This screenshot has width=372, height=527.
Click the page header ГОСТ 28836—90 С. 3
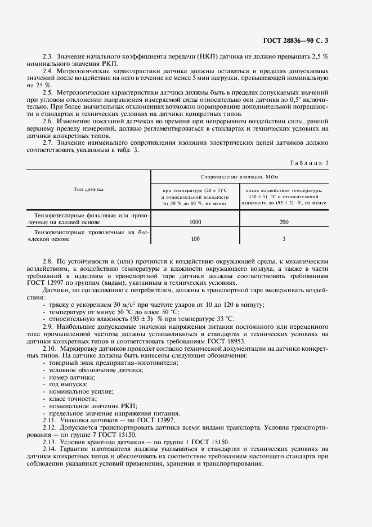(295, 40)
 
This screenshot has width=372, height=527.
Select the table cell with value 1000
(195, 222)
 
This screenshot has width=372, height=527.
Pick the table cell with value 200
(284, 222)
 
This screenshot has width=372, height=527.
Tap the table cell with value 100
(195, 239)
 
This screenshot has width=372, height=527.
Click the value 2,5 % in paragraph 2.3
(320, 57)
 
